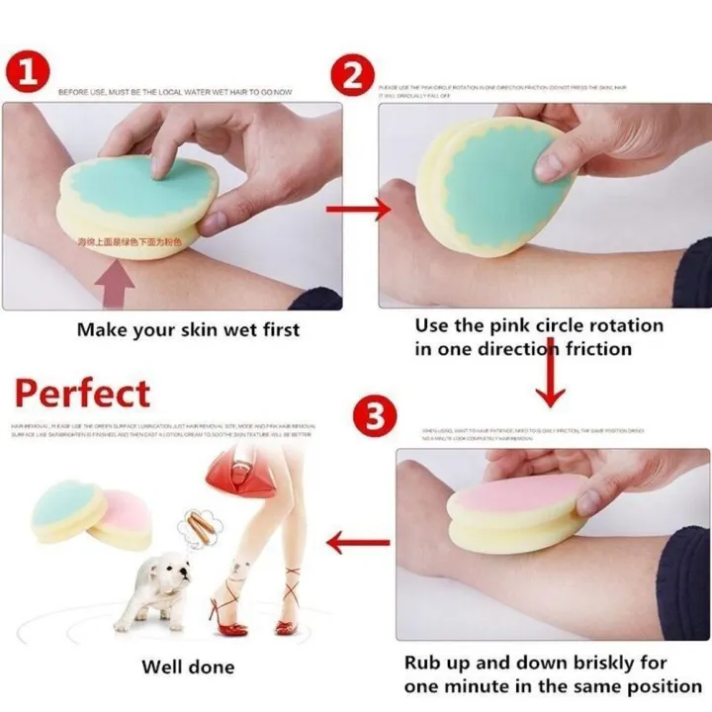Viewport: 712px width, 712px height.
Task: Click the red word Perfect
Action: (x=82, y=393)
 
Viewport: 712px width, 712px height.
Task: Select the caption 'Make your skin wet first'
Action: (x=188, y=329)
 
